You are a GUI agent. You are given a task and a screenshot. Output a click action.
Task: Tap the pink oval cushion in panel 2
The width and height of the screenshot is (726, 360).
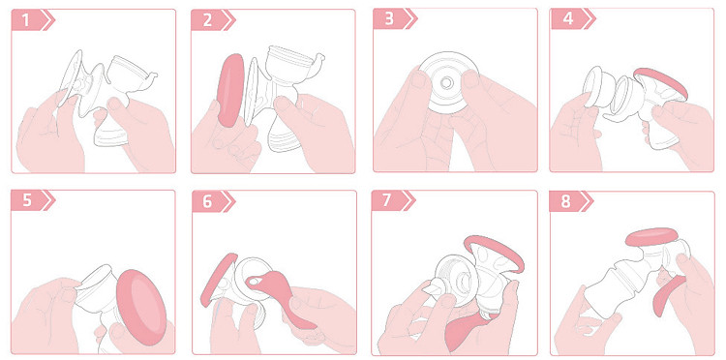point(230,90)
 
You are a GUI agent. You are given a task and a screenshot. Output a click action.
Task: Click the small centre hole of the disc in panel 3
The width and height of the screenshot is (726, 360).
point(446,83)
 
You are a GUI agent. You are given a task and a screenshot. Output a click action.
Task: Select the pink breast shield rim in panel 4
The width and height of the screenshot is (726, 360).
point(662,82)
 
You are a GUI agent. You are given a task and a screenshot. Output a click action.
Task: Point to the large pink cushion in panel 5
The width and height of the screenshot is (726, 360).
point(140,307)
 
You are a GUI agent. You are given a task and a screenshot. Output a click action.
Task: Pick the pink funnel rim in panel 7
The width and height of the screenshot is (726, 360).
point(496,253)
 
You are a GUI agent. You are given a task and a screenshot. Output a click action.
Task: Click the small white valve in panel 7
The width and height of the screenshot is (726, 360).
point(433,290)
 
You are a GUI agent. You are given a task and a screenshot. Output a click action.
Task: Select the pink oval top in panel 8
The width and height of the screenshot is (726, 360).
point(651,236)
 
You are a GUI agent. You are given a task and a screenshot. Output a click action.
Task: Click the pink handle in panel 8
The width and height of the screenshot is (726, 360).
point(668,296)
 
